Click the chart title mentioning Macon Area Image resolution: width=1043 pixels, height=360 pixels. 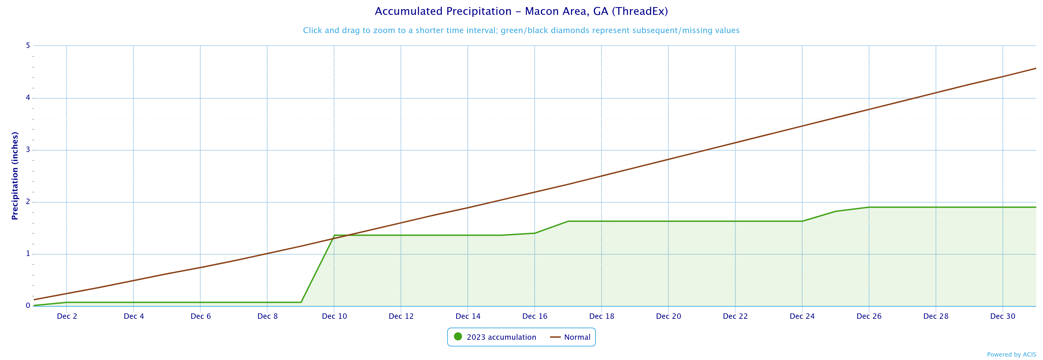click(521, 11)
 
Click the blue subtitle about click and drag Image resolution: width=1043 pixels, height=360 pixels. click(521, 30)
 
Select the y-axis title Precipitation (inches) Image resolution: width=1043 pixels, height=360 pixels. click(15, 176)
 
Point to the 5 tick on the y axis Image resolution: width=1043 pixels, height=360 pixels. click(28, 45)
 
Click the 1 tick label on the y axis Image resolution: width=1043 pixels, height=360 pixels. click(28, 254)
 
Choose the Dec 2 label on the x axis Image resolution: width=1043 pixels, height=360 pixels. click(67, 316)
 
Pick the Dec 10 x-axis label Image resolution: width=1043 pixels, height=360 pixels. click(334, 316)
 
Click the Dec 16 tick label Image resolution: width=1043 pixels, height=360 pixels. click(535, 316)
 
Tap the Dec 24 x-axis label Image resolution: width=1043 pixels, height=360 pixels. click(802, 316)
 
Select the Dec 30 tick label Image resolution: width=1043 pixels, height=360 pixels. click(1002, 316)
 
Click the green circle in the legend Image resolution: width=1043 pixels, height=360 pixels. click(458, 336)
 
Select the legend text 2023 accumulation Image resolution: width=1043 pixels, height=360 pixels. click(501, 337)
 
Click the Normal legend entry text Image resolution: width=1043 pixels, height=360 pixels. click(577, 337)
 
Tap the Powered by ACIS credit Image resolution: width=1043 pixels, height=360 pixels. click(1011, 355)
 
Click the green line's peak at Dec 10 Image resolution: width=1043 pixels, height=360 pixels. click(334, 235)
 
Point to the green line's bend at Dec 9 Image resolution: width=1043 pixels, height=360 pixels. click(301, 302)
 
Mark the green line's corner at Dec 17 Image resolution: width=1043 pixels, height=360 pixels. click(568, 221)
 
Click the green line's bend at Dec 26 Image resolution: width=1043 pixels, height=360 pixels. click(869, 207)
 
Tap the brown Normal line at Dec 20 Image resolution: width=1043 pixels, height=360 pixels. click(668, 159)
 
